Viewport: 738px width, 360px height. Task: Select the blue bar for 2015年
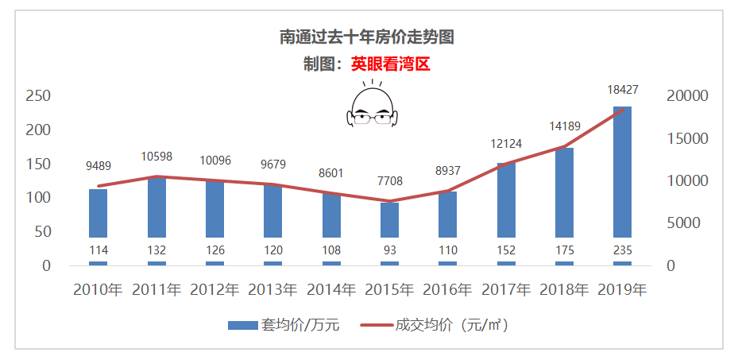tap(389, 219)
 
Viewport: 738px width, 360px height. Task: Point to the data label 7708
tap(389, 181)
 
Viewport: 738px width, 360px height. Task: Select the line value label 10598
tap(156, 157)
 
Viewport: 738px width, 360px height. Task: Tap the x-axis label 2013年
tap(272, 289)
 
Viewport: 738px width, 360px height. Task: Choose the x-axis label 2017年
tap(506, 289)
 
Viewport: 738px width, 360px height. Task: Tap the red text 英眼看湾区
tap(390, 64)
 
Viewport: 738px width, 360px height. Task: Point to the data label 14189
tap(564, 126)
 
